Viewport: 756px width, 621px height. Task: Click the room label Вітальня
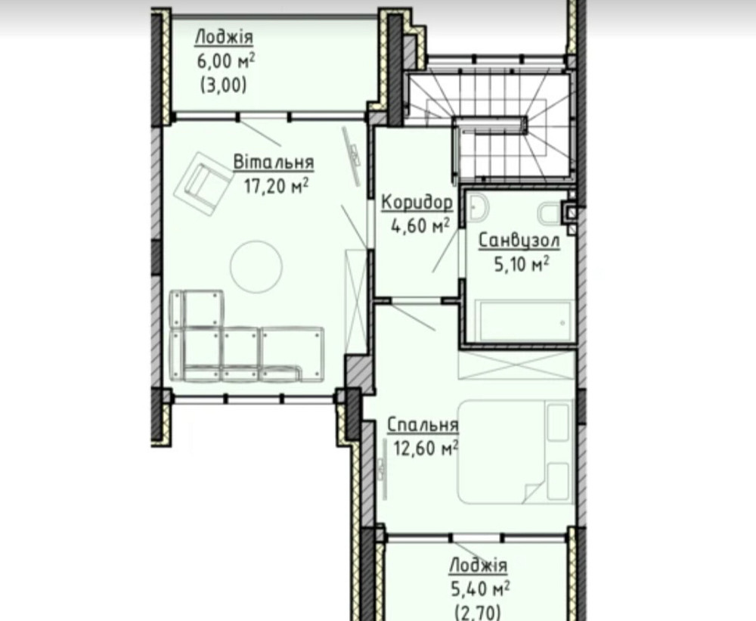(274, 163)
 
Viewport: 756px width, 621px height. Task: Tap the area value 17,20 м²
(276, 186)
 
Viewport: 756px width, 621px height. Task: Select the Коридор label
(417, 203)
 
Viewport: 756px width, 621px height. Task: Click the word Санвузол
(519, 241)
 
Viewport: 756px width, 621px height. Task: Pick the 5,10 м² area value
(522, 264)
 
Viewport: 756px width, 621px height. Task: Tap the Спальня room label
(423, 424)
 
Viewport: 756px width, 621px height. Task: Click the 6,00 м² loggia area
(225, 62)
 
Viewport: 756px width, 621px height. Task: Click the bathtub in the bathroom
(524, 321)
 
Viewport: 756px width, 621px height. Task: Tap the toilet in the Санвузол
(550, 214)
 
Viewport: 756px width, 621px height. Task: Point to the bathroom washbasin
(477, 207)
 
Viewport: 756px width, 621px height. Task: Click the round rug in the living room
(256, 266)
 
